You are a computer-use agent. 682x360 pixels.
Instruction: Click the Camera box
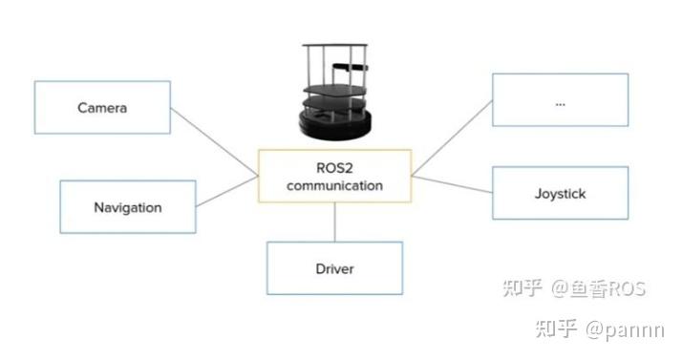click(x=102, y=107)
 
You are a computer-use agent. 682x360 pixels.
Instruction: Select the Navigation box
click(x=127, y=207)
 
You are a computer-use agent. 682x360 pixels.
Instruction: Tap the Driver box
click(x=334, y=268)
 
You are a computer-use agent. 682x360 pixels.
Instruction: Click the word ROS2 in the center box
click(x=334, y=167)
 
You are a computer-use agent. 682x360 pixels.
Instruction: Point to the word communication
click(x=334, y=185)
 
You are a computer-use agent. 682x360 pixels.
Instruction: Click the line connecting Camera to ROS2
click(x=215, y=141)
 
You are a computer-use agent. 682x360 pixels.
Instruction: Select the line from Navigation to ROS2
click(x=226, y=191)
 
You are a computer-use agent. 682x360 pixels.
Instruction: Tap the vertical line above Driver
click(x=334, y=222)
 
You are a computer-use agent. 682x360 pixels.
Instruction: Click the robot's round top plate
click(x=332, y=48)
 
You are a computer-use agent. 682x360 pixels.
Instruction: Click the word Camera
click(x=102, y=107)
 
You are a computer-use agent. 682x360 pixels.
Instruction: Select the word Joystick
click(x=560, y=194)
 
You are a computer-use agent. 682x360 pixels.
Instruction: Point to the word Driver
click(x=334, y=268)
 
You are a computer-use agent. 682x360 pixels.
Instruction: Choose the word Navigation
click(x=127, y=207)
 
